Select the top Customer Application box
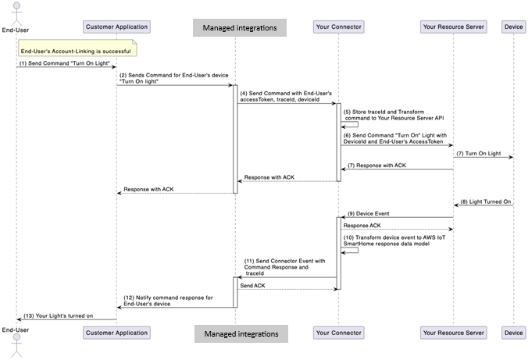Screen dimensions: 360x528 point(116,27)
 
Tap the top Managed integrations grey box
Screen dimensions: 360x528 point(240,28)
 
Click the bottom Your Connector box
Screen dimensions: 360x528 point(338,333)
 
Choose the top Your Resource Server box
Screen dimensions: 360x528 point(453,27)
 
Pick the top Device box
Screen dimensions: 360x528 point(514,27)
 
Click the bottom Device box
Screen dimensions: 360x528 point(514,333)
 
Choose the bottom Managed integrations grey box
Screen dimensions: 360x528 point(240,333)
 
